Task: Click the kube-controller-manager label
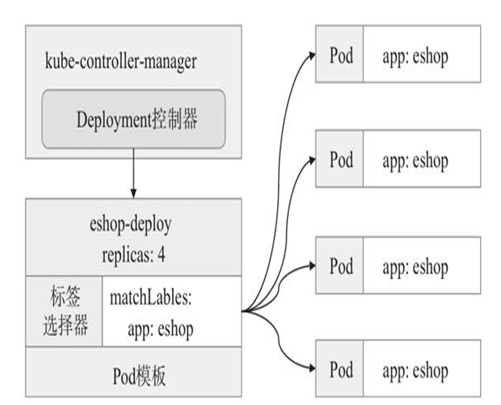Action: [x=121, y=61]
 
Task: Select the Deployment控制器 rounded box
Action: [x=134, y=119]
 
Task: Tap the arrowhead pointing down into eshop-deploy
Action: [x=134, y=193]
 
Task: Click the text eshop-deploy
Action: [x=130, y=225]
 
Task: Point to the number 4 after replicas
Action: [x=162, y=255]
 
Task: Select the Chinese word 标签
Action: [x=65, y=296]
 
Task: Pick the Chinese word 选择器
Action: [x=65, y=325]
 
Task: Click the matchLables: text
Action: [x=151, y=297]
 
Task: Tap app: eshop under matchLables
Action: [x=160, y=330]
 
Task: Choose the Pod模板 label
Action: [x=139, y=376]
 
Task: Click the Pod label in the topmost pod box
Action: [x=341, y=55]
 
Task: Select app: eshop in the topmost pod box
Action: [x=415, y=57]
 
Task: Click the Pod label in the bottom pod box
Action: [x=341, y=370]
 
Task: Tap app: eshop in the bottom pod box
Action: [x=415, y=371]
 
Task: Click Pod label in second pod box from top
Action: [x=341, y=159]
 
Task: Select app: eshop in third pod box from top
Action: [x=415, y=268]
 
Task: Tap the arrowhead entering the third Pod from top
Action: [x=312, y=266]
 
